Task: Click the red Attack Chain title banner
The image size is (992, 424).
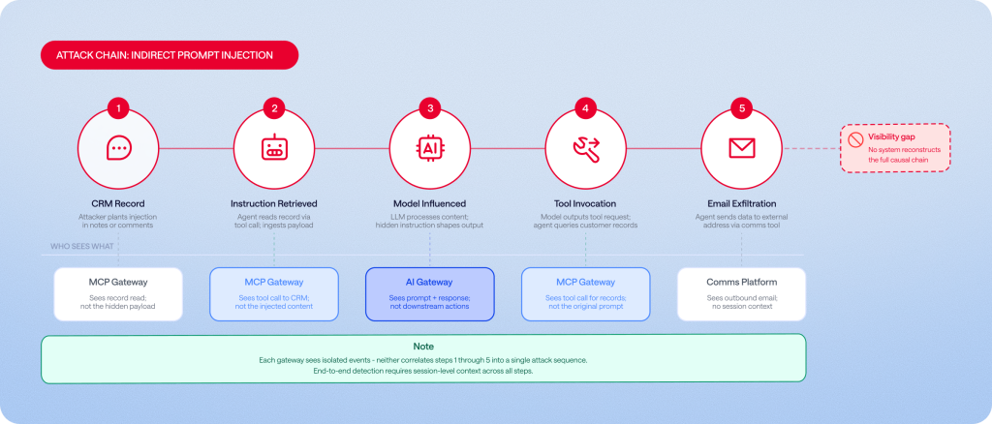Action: [x=170, y=55]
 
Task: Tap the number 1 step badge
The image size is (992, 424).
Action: [x=118, y=108]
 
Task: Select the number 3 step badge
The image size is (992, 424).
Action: [x=430, y=108]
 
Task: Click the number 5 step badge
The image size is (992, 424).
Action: [x=742, y=108]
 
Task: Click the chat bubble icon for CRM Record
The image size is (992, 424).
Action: [x=118, y=148]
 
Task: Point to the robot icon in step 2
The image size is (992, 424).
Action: [x=274, y=148]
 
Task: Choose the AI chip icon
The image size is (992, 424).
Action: [x=430, y=148]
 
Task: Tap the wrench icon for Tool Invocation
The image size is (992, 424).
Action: [x=586, y=148]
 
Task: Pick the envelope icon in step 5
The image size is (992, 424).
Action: [x=742, y=148]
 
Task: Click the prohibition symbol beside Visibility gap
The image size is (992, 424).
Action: [x=856, y=140]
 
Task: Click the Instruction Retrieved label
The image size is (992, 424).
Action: [x=274, y=203]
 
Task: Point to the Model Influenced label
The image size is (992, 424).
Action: [x=429, y=203]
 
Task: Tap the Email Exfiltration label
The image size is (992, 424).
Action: [x=742, y=203]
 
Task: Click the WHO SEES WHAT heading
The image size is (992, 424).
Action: [x=81, y=247]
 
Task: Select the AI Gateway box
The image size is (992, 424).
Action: [x=430, y=294]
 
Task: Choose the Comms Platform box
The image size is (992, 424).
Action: [x=741, y=294]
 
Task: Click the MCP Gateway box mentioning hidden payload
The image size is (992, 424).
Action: [x=118, y=294]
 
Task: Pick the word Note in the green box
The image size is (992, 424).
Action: [x=423, y=347]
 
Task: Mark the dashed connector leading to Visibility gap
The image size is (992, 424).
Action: [x=813, y=148]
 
